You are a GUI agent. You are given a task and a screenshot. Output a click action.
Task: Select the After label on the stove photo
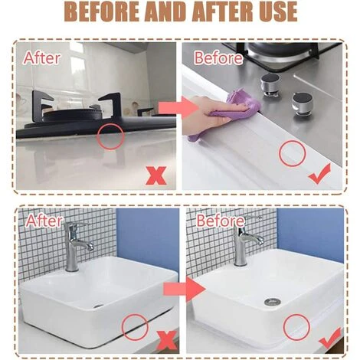[x=42, y=58]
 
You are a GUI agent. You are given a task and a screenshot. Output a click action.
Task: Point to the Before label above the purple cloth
[x=218, y=58]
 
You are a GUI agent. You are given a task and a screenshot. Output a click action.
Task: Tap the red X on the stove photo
[x=156, y=175]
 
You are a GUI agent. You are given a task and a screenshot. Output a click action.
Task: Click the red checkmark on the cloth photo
[x=320, y=174]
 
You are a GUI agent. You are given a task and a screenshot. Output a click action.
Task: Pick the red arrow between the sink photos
[x=185, y=289]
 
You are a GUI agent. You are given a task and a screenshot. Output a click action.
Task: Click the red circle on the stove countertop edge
[x=110, y=123]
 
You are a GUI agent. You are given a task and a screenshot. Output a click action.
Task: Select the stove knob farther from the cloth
[x=303, y=105]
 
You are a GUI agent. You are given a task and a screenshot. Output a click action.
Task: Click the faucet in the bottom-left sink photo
[x=76, y=246]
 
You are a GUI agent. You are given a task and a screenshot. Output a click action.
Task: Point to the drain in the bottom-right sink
[x=273, y=302]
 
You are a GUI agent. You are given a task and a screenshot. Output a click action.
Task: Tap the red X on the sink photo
[x=167, y=340]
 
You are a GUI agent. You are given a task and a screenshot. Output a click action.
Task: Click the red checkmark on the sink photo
[x=330, y=339]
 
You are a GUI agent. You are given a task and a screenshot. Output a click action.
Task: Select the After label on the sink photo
[x=44, y=221]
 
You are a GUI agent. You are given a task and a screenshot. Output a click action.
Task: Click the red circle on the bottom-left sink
[x=135, y=314]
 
